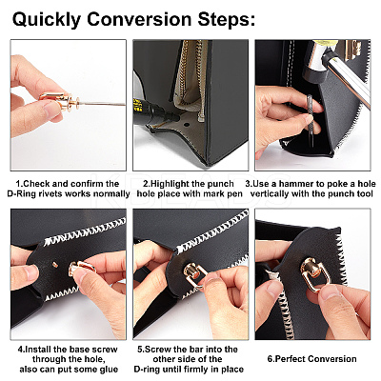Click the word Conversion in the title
click(139, 20)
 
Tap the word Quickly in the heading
click(47, 20)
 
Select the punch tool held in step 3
click(311, 120)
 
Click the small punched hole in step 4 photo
click(54, 264)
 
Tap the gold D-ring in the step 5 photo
click(194, 273)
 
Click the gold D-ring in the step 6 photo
click(312, 272)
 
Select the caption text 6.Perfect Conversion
click(312, 359)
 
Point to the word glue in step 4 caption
click(109, 370)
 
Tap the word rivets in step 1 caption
click(45, 193)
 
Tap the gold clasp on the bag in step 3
click(353, 50)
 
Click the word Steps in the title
click(227, 20)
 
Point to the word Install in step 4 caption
click(39, 350)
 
